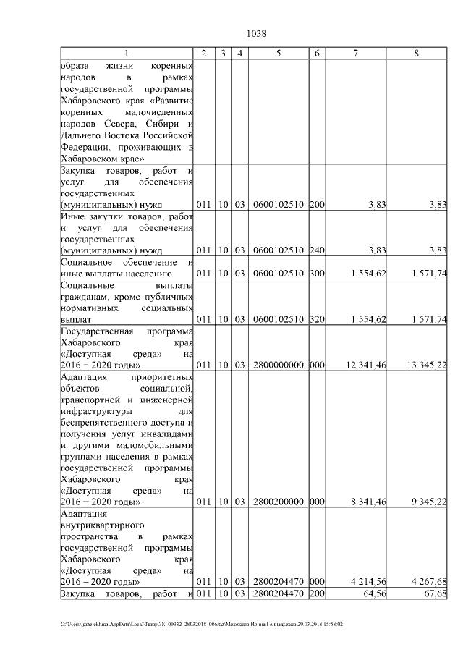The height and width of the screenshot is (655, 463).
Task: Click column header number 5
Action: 279,53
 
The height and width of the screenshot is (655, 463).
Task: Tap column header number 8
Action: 416,53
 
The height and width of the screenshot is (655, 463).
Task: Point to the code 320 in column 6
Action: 317,319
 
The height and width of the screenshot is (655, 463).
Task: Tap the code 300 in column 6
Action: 317,274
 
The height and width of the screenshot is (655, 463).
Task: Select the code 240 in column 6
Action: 317,250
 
